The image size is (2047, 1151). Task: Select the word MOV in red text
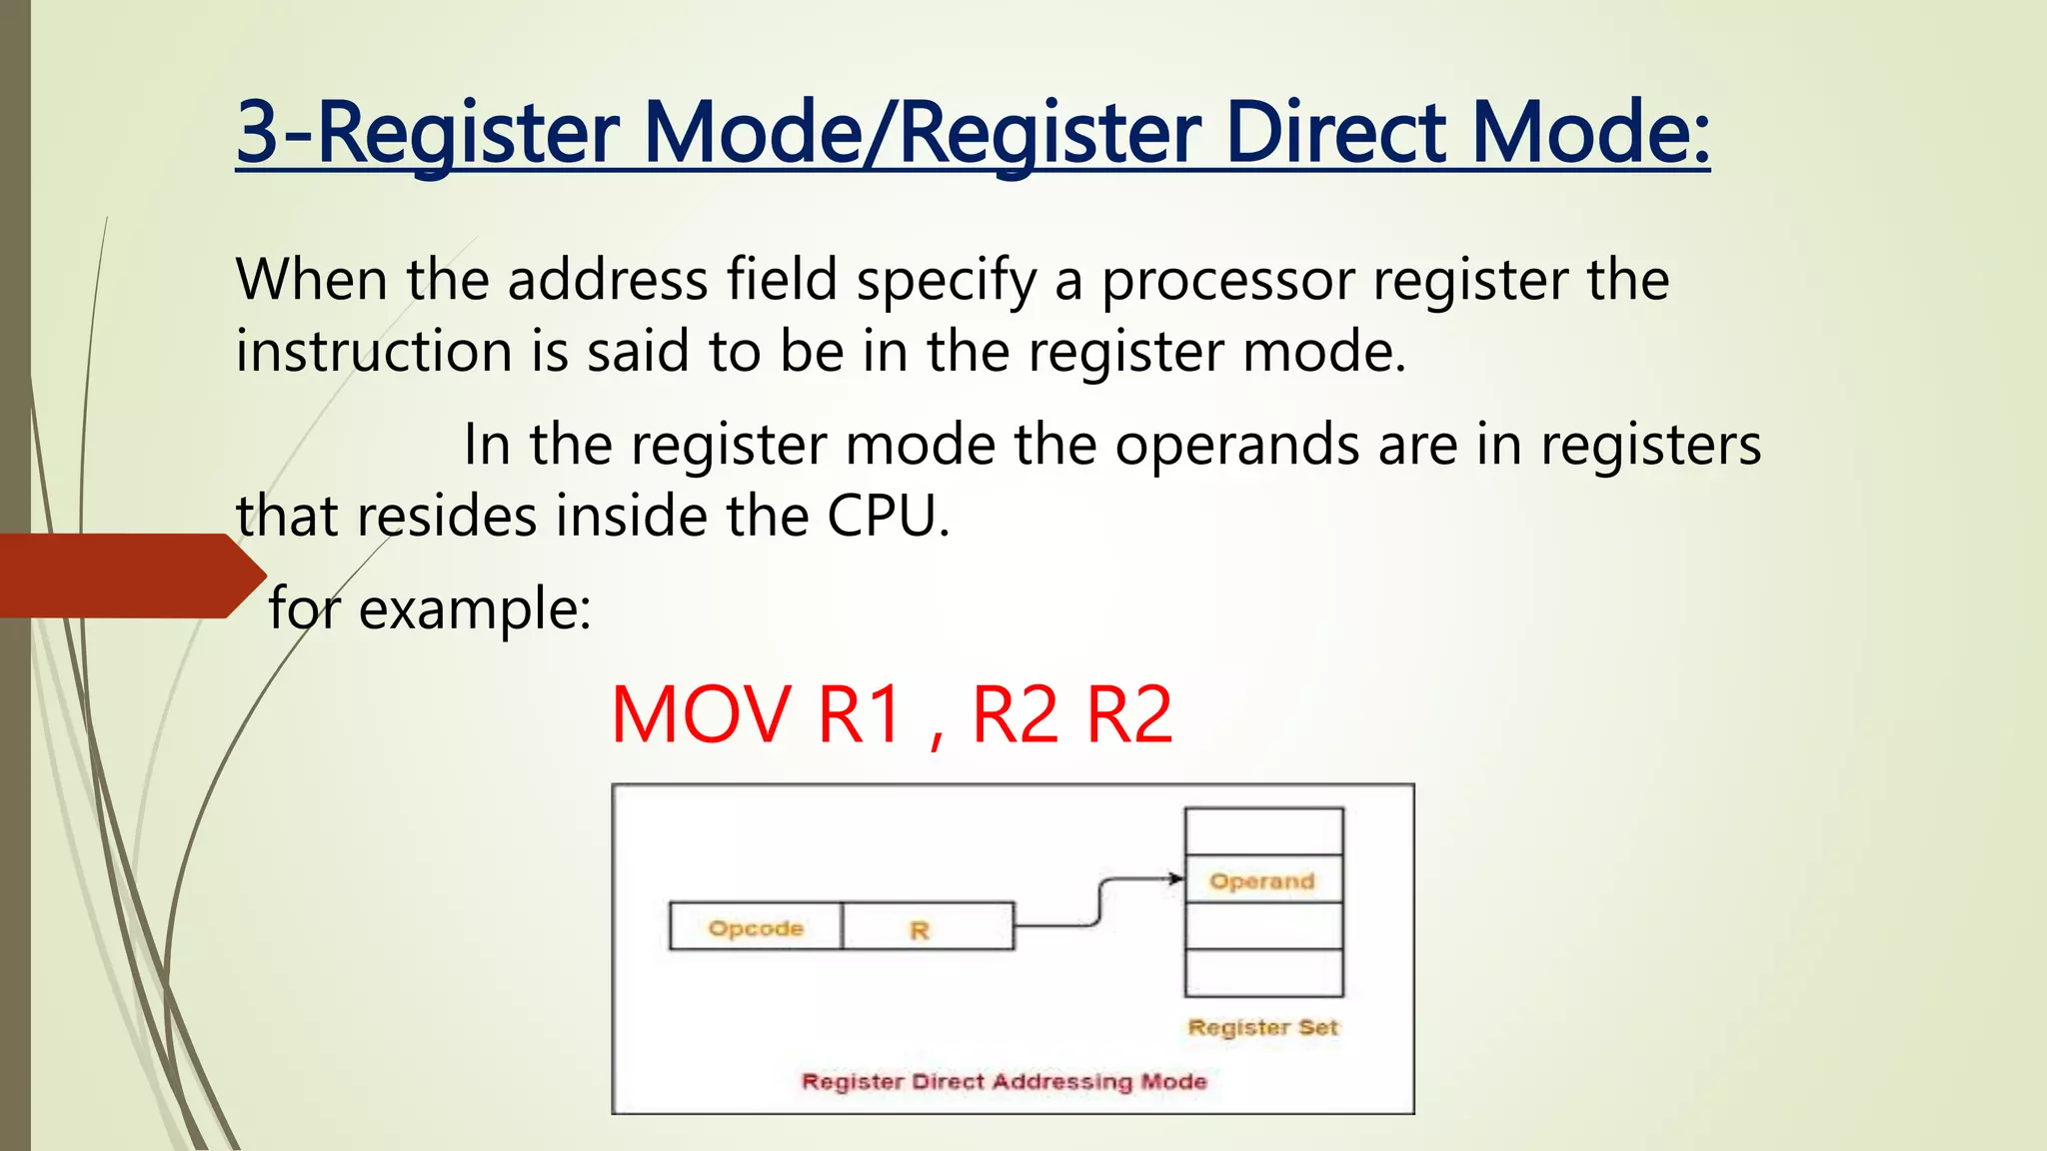point(701,715)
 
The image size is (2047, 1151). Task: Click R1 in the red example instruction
point(861,715)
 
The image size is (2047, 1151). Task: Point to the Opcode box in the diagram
point(756,927)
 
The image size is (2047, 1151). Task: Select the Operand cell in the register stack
point(1262,880)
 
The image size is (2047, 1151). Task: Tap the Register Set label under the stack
point(1262,1027)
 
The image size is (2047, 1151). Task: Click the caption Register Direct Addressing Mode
point(1005,1081)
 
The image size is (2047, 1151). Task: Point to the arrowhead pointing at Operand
point(1176,879)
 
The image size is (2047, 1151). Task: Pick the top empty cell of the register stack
point(1262,831)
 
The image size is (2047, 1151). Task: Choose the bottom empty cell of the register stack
point(1262,973)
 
